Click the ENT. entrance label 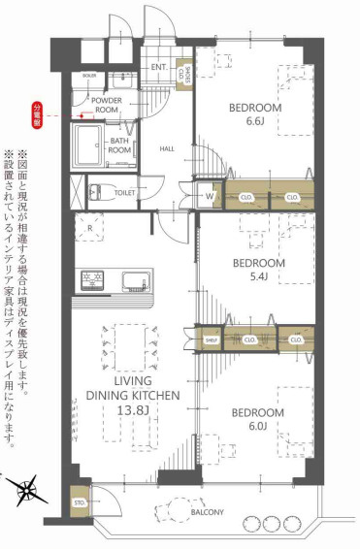tap(159, 67)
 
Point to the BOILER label tap(89, 76)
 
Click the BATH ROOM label tap(119, 145)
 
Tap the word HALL tap(168, 148)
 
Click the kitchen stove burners tap(94, 279)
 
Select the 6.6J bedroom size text tap(254, 123)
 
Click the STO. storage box tap(80, 504)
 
